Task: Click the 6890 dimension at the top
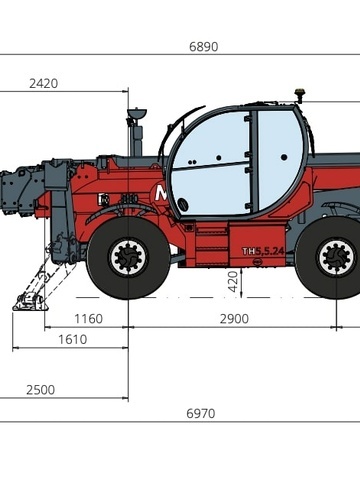[x=204, y=47]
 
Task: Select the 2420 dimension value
[x=43, y=83]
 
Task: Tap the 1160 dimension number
[x=88, y=319]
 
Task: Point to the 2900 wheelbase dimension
[x=234, y=319]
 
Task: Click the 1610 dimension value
[x=72, y=339]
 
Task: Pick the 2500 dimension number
[x=40, y=390]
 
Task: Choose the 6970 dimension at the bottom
[x=200, y=413]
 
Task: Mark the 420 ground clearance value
[x=234, y=281]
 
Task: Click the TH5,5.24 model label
[x=263, y=251]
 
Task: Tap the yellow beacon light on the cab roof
[x=300, y=92]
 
